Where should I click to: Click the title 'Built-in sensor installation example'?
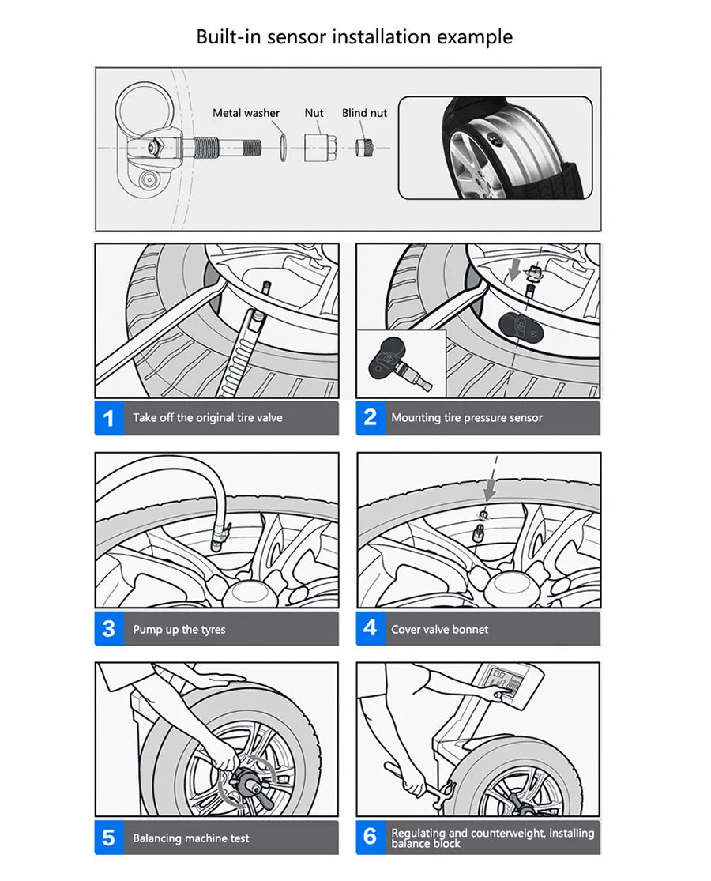point(355,36)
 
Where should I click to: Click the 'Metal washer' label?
point(246,113)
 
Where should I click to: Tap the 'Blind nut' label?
point(364,113)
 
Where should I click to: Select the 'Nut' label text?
point(314,113)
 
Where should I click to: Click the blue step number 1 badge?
point(109,418)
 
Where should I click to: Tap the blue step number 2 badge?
point(370,418)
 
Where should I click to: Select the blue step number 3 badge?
point(109,629)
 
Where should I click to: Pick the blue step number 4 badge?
point(370,629)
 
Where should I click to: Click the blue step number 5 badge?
point(109,838)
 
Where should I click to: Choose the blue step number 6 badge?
point(370,838)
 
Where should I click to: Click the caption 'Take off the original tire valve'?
point(207,418)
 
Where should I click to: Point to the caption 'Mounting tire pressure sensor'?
point(467,418)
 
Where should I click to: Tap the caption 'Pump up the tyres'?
point(179,630)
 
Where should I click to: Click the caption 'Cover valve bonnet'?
point(439,630)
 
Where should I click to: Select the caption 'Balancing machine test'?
point(190,838)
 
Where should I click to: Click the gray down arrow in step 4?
point(490,491)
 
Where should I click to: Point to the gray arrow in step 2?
point(515,272)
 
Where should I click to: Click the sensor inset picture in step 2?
point(401,363)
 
